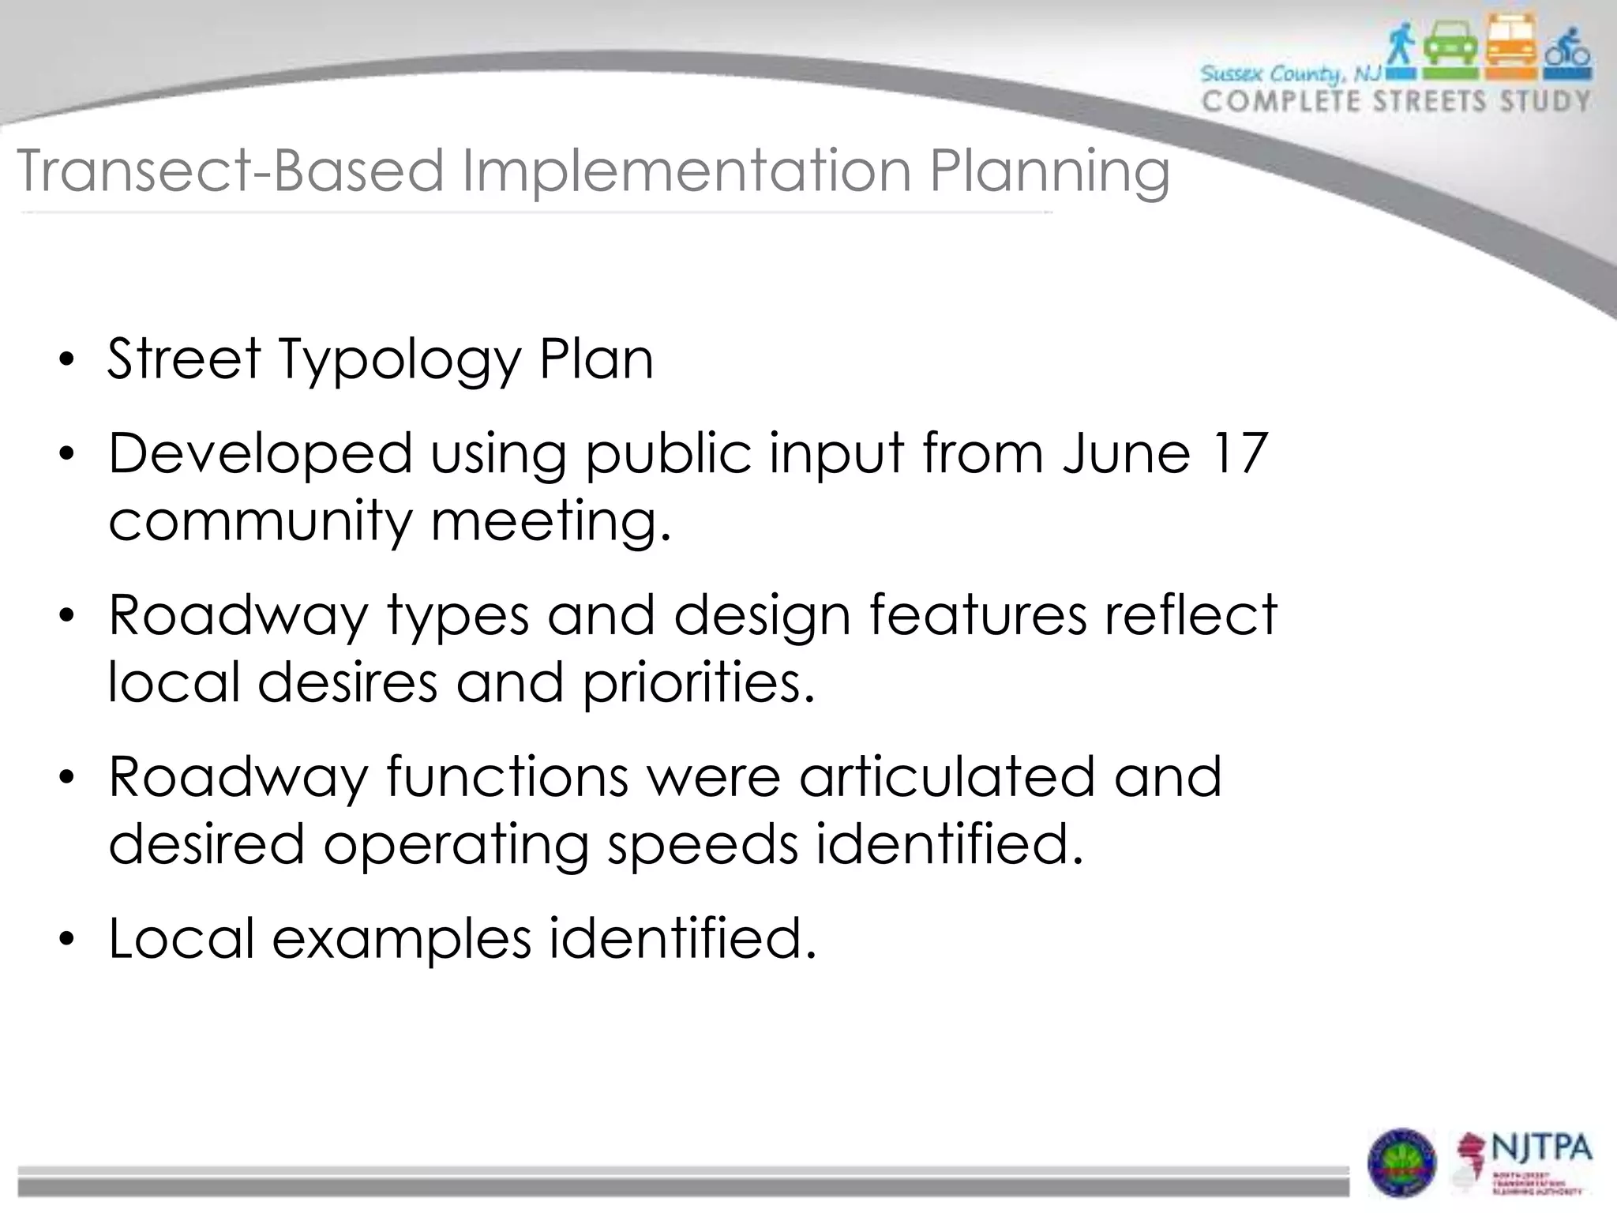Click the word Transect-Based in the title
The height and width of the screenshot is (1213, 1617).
230,171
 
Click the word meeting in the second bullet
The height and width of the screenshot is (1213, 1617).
550,522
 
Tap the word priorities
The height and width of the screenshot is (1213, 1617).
698,682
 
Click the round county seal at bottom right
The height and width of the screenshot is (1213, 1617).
1402,1162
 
